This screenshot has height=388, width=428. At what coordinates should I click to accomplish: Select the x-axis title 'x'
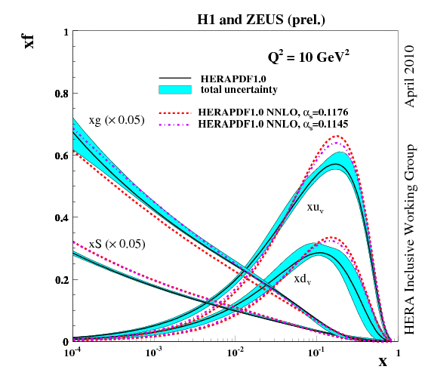(383, 362)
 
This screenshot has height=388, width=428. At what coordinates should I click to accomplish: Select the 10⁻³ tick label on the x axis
(154, 353)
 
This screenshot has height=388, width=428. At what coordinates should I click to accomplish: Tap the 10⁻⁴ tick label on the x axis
(72, 353)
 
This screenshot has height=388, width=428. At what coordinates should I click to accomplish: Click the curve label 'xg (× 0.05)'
(116, 120)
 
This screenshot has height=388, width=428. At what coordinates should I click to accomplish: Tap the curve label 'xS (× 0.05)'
(116, 244)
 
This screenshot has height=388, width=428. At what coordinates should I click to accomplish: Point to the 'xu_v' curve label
(315, 206)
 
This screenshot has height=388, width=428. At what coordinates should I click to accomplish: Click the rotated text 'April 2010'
(411, 76)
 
